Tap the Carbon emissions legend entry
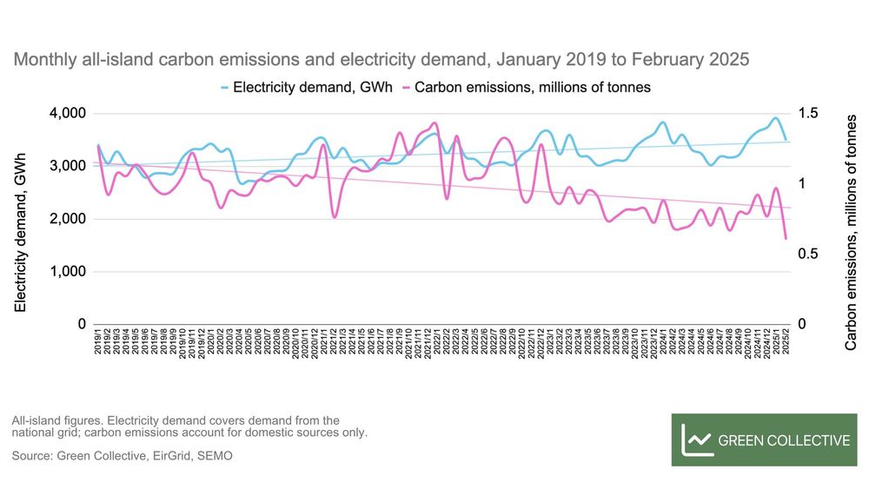point(532,87)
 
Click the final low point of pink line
point(786,238)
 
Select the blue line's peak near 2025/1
point(775,118)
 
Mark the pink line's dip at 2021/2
point(335,216)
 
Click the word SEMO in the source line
point(215,455)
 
